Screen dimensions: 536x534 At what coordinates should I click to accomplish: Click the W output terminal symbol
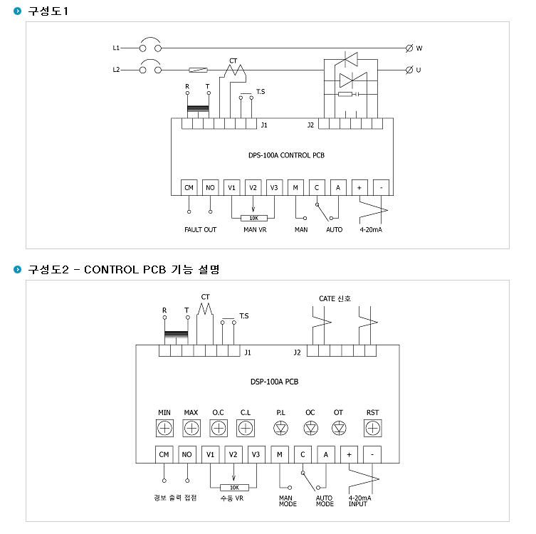pyautogui.click(x=409, y=48)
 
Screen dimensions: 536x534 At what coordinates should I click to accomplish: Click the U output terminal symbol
pyautogui.click(x=409, y=70)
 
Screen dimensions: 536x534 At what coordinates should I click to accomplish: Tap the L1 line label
pyautogui.click(x=116, y=48)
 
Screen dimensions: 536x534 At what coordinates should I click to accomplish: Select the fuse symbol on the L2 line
pyautogui.click(x=199, y=70)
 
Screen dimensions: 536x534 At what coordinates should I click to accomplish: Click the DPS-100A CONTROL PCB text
pyautogui.click(x=286, y=155)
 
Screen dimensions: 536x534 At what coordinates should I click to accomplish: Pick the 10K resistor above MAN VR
pyautogui.click(x=253, y=218)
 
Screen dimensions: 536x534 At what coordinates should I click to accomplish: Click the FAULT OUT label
pyautogui.click(x=200, y=230)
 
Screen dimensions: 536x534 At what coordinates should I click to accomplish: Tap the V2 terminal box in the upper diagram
pyautogui.click(x=253, y=187)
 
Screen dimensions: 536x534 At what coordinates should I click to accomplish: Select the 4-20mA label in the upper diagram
pyautogui.click(x=371, y=230)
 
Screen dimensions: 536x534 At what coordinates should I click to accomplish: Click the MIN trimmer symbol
pyautogui.click(x=164, y=428)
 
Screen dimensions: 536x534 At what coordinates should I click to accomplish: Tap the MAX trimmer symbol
pyautogui.click(x=191, y=428)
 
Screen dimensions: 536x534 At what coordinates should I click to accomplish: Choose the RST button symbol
pyautogui.click(x=372, y=428)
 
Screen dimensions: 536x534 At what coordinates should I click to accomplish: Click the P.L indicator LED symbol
pyautogui.click(x=281, y=428)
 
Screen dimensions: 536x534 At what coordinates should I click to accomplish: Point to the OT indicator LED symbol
pyautogui.click(x=339, y=428)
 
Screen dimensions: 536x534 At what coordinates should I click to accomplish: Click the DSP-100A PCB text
pyautogui.click(x=275, y=382)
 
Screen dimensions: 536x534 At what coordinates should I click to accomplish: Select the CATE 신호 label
pyautogui.click(x=335, y=298)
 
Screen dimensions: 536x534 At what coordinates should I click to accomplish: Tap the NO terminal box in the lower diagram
pyautogui.click(x=187, y=454)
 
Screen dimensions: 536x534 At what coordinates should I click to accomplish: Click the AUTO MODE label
pyautogui.click(x=325, y=501)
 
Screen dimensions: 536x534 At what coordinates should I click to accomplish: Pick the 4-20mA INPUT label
pyautogui.click(x=359, y=501)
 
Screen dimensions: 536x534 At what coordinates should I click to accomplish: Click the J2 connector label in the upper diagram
pyautogui.click(x=310, y=125)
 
